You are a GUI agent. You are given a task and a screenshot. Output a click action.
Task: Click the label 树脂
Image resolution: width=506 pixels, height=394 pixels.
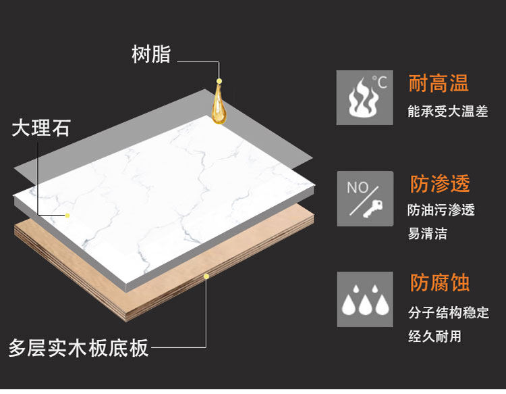tap(151, 55)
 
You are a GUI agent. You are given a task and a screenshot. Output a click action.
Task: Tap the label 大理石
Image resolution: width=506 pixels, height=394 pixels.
tap(40, 128)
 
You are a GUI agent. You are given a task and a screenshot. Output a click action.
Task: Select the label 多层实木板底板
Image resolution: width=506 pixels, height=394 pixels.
tap(78, 348)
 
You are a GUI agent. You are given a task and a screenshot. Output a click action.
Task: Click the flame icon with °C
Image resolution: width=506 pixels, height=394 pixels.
tap(364, 97)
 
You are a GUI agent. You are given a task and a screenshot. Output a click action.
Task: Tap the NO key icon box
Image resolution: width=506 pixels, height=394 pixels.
tap(364, 199)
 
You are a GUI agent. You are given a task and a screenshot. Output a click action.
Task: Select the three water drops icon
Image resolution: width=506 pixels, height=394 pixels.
tap(364, 299)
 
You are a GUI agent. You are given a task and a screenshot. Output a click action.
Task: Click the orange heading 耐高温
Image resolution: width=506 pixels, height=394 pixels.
tap(439, 83)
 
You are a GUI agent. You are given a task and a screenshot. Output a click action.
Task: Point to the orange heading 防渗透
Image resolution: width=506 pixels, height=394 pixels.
tap(439, 184)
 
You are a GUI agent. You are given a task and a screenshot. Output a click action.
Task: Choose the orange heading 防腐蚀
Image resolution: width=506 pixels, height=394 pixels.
tap(439, 283)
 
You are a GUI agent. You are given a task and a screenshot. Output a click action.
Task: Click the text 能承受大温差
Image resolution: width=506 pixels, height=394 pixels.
tap(447, 112)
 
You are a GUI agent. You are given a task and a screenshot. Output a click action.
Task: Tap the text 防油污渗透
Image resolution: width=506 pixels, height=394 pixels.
tap(441, 210)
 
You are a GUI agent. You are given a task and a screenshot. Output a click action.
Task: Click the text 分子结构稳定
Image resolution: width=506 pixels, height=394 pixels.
tap(448, 312)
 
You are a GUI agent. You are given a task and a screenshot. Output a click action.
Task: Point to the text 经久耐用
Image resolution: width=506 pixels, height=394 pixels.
tap(434, 336)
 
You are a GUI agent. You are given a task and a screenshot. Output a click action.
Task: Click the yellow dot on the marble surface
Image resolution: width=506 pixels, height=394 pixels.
tap(67, 215)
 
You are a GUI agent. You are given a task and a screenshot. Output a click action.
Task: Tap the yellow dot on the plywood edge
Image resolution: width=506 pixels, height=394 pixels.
tap(206, 276)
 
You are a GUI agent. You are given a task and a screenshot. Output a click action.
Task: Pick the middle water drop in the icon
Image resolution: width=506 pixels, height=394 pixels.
tap(364, 305)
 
